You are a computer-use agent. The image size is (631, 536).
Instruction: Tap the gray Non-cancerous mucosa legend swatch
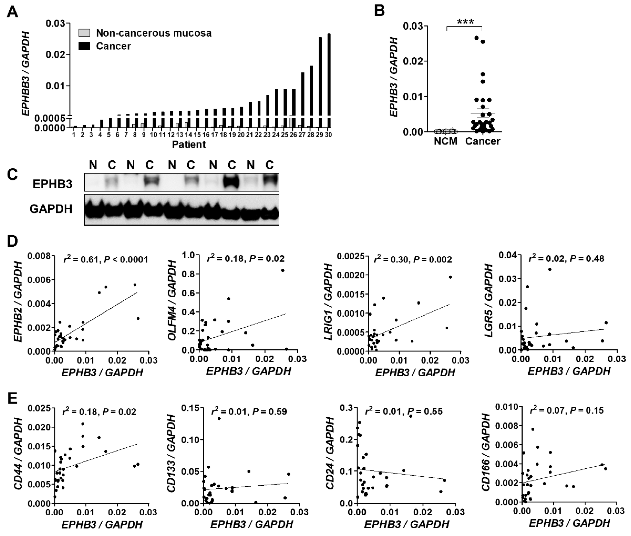[x=84, y=33]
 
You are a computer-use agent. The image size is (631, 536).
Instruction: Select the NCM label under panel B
[x=446, y=141]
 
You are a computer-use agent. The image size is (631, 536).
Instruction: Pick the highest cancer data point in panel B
[x=477, y=38]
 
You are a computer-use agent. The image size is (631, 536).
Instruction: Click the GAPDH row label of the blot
[x=51, y=209]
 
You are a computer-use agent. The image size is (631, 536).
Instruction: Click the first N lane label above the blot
[x=93, y=165]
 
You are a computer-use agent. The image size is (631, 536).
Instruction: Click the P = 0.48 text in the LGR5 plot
[x=587, y=259]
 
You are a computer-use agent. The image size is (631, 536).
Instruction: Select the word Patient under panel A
[x=189, y=144]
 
